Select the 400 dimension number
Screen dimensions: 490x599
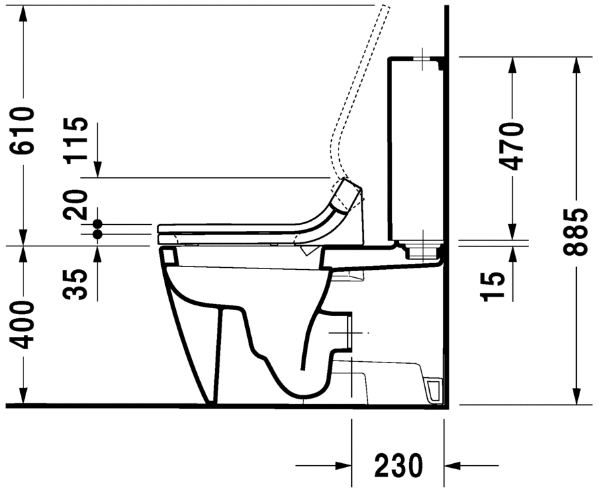[x=23, y=326]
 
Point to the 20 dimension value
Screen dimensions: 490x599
[x=77, y=205]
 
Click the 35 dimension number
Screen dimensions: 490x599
[x=77, y=283]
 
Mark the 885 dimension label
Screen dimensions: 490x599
[x=575, y=232]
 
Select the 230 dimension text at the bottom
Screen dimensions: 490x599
[x=398, y=464]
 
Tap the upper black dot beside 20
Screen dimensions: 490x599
[x=97, y=224]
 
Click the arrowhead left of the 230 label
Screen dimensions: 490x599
[x=344, y=464]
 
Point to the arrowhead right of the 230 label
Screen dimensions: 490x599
[x=452, y=464]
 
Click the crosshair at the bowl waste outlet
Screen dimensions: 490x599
[x=350, y=332]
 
